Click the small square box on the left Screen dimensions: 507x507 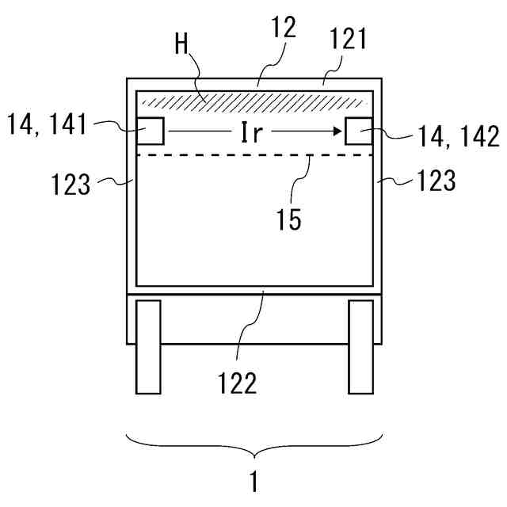coord(151,131)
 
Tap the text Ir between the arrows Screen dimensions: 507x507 coord(252,132)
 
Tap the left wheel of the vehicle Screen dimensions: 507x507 coord(148,346)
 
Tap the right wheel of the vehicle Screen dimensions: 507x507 coord(360,346)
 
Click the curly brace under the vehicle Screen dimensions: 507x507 coord(254,444)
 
